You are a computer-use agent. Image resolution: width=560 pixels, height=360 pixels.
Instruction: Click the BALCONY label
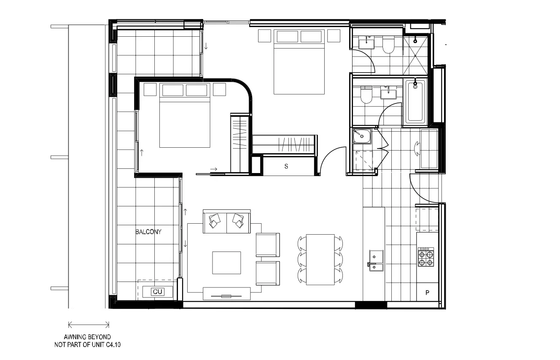[148, 232]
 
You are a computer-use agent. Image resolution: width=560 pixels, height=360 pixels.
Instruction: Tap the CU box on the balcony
[157, 292]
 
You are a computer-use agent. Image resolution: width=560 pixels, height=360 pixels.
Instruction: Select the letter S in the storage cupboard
[286, 166]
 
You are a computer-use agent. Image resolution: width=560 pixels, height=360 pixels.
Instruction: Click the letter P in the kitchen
[427, 292]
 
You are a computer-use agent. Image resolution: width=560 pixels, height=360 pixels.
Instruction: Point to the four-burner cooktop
[425, 257]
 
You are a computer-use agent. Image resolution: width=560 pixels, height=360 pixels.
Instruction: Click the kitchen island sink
[376, 260]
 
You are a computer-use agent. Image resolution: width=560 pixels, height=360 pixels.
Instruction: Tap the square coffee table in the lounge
[226, 263]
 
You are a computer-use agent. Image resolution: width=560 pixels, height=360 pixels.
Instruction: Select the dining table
[320, 260]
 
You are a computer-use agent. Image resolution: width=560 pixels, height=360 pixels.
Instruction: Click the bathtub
[415, 101]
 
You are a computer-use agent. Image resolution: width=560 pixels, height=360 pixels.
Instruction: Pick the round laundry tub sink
[362, 136]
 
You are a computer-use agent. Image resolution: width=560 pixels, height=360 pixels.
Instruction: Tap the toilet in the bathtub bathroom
[366, 95]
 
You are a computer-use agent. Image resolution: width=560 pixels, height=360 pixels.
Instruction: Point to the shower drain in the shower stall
[416, 41]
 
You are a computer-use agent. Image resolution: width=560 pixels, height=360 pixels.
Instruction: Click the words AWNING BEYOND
[87, 337]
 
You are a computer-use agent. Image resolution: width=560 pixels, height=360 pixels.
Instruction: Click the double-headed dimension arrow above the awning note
[89, 325]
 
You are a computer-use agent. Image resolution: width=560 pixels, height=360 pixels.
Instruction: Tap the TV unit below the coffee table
[226, 294]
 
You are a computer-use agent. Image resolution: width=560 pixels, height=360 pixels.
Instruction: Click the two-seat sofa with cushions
[227, 221]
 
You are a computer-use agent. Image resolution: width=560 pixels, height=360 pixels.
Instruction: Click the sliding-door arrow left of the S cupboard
[214, 169]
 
